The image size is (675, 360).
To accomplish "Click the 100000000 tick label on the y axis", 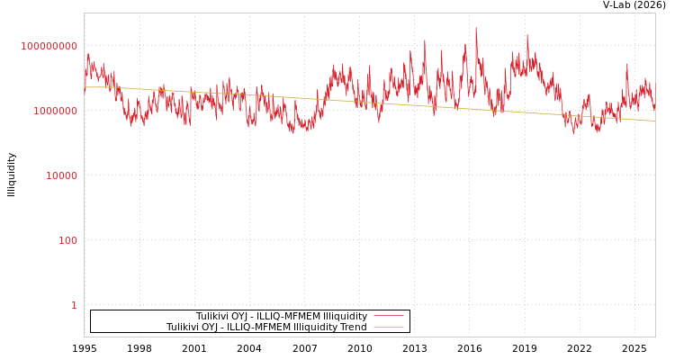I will [x=49, y=46].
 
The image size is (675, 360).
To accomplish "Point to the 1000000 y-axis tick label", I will [x=55, y=111].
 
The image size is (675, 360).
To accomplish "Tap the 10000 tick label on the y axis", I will [x=61, y=175].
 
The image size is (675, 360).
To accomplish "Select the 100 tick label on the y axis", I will [x=68, y=240].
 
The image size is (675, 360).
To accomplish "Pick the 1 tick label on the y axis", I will [x=74, y=305].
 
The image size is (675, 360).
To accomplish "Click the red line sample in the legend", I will [x=388, y=316].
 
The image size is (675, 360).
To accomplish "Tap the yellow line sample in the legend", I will [x=388, y=328].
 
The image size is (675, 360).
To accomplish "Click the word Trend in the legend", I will [x=352, y=328].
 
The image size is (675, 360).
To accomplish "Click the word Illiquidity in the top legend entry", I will [x=346, y=316].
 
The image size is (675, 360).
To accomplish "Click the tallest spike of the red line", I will [x=476, y=28].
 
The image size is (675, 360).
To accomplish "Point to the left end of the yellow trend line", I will [x=85, y=87].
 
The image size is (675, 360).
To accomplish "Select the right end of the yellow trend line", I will [x=654, y=121].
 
